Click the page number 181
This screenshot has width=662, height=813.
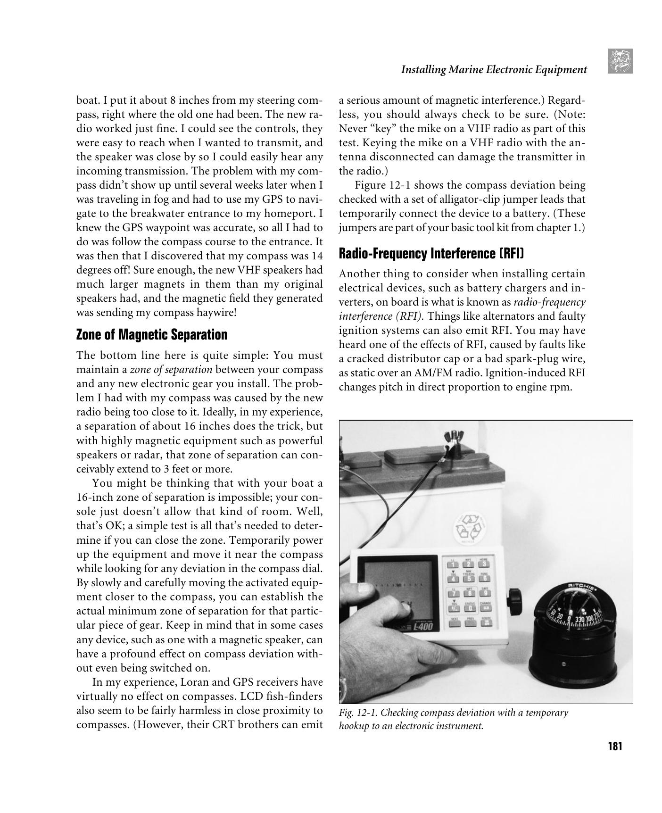(615, 747)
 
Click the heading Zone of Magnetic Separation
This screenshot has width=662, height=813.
(151, 335)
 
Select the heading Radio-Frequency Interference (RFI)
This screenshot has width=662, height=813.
(431, 254)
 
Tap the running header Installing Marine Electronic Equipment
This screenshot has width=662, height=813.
(494, 70)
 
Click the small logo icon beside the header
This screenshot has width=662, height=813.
(620, 61)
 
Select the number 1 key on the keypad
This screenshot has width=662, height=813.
(453, 564)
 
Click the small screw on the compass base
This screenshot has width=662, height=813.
(564, 664)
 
